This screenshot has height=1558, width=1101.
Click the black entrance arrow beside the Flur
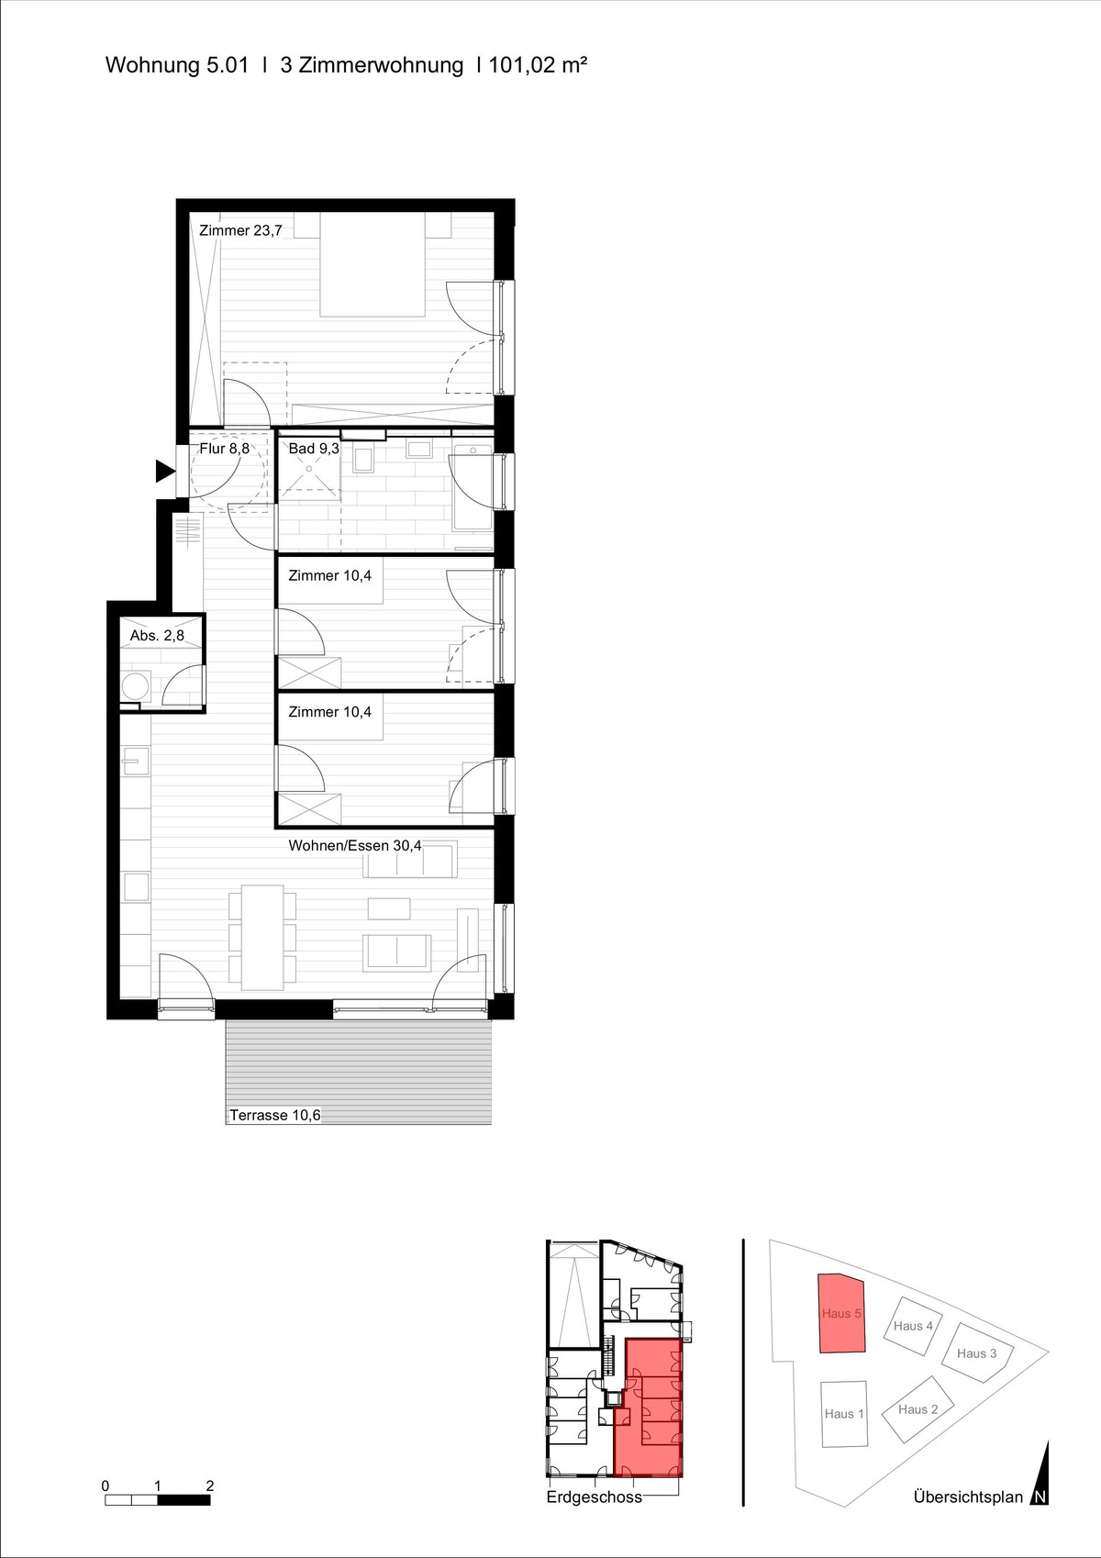pyautogui.click(x=164, y=472)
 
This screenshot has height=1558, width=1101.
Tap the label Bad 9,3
pyautogui.click(x=314, y=449)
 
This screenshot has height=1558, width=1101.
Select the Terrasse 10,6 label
pyautogui.click(x=275, y=1115)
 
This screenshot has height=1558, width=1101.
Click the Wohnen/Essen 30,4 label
pyautogui.click(x=355, y=846)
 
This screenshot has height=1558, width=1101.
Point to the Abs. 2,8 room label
pyautogui.click(x=157, y=635)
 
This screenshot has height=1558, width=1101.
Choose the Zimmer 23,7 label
pyautogui.click(x=240, y=230)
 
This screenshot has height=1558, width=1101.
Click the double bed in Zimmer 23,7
pyautogui.click(x=373, y=265)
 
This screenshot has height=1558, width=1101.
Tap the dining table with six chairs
pyautogui.click(x=262, y=937)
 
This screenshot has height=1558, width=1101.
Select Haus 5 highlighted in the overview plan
pyautogui.click(x=841, y=1313)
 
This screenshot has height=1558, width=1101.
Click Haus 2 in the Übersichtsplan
pyautogui.click(x=918, y=1409)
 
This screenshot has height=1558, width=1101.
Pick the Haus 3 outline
pyautogui.click(x=976, y=1352)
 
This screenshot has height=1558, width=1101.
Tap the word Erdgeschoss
pyautogui.click(x=594, y=1497)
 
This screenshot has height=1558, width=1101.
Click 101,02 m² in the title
pyautogui.click(x=538, y=65)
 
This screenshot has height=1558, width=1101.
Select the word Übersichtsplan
pyautogui.click(x=968, y=1497)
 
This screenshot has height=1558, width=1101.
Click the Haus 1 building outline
pyautogui.click(x=844, y=1413)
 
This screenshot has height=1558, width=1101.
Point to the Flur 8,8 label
pyautogui.click(x=225, y=449)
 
